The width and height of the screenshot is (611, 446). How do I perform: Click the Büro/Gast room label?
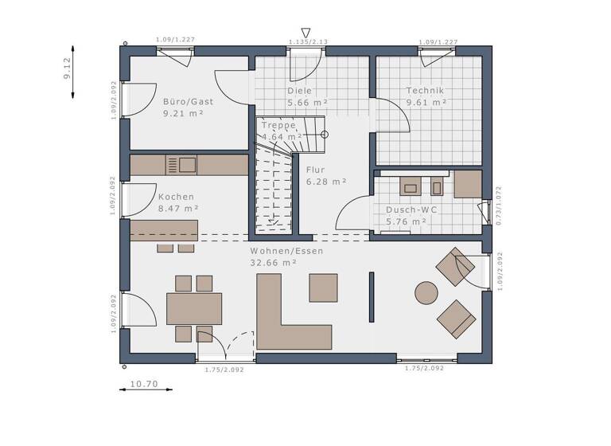182,102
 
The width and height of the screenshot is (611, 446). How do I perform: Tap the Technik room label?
425,91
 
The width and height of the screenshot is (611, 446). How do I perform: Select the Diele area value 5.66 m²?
308,103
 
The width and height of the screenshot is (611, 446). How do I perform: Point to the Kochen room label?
176,197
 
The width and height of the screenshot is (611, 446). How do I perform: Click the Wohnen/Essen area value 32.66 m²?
274,262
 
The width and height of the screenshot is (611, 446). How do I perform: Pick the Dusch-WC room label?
411,210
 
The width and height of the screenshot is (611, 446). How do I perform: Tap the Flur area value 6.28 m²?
326,182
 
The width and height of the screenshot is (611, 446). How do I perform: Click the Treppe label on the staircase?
278,125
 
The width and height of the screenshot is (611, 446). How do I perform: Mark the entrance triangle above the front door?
305,32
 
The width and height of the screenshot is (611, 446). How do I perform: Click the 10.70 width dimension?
144,384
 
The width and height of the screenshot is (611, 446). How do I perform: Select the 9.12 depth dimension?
68,70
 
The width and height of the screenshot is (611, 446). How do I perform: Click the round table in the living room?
425,292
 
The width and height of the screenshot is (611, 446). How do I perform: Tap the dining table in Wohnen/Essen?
194,309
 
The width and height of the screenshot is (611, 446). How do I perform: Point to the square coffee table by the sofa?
323,288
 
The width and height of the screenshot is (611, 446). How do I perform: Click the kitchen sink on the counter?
188,165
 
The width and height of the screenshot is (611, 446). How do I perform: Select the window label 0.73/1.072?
499,206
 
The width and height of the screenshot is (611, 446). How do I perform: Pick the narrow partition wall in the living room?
371,297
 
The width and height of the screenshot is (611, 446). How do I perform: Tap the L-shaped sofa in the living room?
286,323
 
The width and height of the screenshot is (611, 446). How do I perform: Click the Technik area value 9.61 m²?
426,103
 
